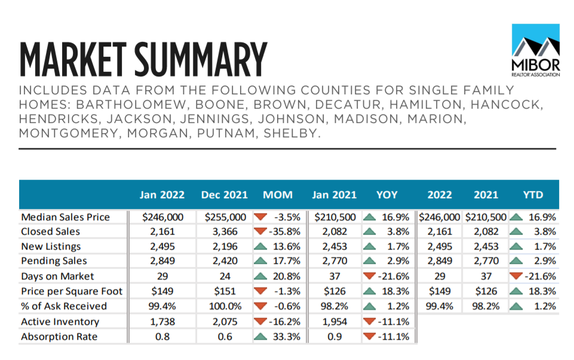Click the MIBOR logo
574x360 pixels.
coord(536,50)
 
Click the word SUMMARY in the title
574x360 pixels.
coord(201,59)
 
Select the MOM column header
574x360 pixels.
coord(278,195)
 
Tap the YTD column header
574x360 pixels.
coord(533,195)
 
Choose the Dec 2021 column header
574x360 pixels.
coord(225,195)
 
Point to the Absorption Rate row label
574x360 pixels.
coord(59,337)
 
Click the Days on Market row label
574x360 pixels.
coord(57,276)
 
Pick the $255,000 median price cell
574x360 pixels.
coord(225,217)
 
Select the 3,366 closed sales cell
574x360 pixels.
coord(225,232)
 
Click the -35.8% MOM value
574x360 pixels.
coord(284,232)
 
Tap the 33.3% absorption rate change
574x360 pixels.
coord(287,337)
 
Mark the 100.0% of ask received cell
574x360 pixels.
coord(225,306)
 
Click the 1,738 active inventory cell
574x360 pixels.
coord(162,322)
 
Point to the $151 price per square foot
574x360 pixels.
coord(225,291)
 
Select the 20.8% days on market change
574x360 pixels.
coord(287,276)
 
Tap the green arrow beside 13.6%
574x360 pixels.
coord(260,246)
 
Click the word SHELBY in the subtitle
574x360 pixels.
coord(292,133)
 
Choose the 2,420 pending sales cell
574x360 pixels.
coord(225,261)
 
